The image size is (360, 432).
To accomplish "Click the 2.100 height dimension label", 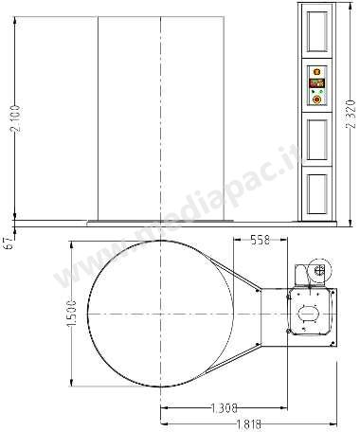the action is click(15, 119).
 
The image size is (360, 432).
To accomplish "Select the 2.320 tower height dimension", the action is click(351, 114).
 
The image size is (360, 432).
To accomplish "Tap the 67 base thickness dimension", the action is click(9, 243).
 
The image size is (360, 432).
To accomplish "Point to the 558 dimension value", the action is click(261, 240).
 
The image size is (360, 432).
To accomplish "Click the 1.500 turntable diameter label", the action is click(72, 314).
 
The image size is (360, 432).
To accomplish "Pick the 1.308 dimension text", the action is click(224, 408).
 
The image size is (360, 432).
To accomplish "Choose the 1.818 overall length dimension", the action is click(249, 424).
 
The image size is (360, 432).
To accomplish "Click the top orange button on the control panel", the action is click(316, 72).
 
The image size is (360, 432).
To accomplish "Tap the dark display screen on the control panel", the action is click(316, 83).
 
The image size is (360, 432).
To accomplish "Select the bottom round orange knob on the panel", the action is click(316, 99).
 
